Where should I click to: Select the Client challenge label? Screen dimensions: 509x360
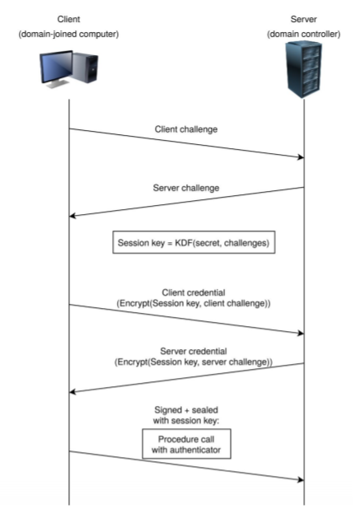pyautogui.click(x=187, y=130)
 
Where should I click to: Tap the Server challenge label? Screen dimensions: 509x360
pyautogui.click(x=187, y=188)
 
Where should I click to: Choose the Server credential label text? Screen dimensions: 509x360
pyautogui.click(x=187, y=353)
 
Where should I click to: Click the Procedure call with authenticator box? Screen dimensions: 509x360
pyautogui.click(x=187, y=444)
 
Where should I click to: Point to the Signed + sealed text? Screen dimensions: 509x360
pyautogui.click(x=187, y=409)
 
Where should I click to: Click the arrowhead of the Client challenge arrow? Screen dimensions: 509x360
pyautogui.click(x=301, y=156)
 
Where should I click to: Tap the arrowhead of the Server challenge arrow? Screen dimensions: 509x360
pyautogui.click(x=73, y=216)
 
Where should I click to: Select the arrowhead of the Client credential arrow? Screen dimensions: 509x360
pyautogui.click(x=301, y=333)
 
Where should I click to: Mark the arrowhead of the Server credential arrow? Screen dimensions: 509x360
pyautogui.click(x=73, y=391)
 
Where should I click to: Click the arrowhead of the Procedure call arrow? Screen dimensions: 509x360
pyautogui.click(x=301, y=479)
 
